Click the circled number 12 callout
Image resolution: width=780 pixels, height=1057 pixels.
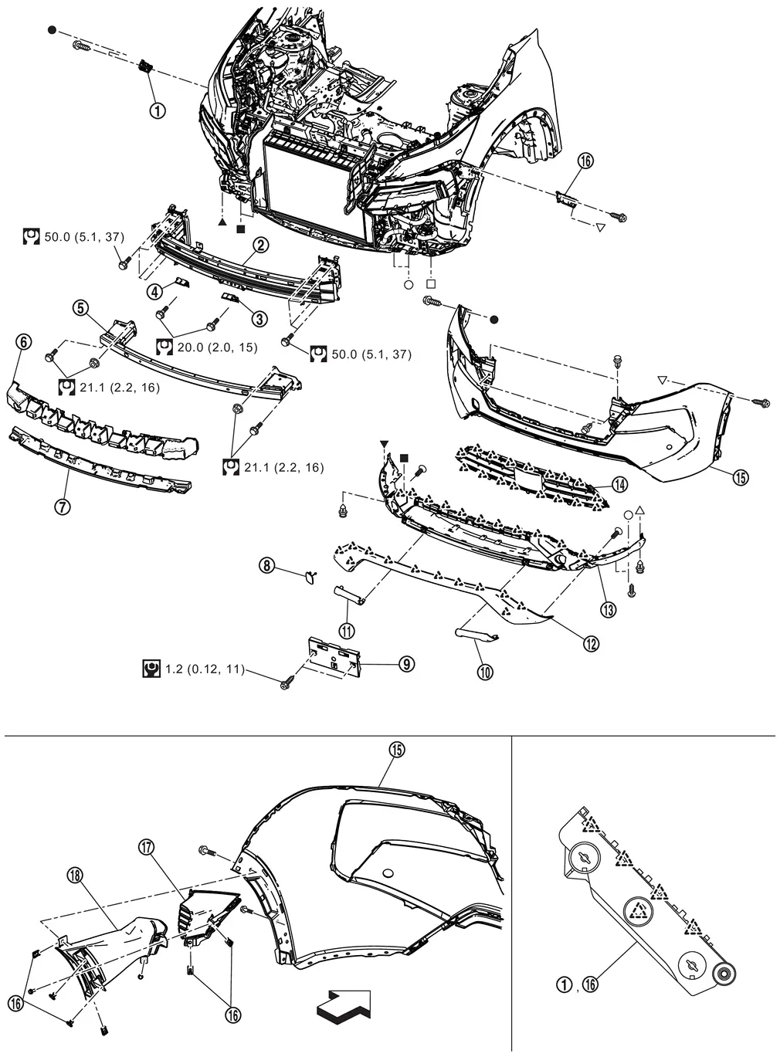(x=591, y=642)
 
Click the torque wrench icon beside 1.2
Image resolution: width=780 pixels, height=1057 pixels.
(x=151, y=669)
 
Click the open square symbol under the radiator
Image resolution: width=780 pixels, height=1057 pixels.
(x=431, y=283)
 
